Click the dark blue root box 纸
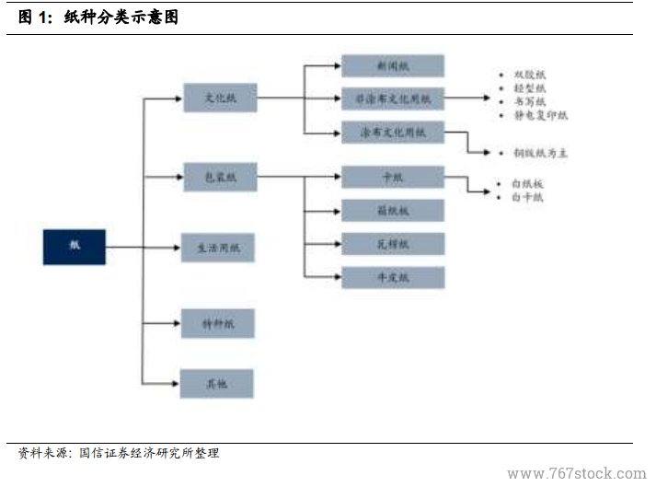click(x=75, y=246)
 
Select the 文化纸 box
click(x=220, y=98)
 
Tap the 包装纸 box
click(x=220, y=177)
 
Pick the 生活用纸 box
click(x=218, y=248)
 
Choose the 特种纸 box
click(x=218, y=323)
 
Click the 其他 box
click(x=218, y=383)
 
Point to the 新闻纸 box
click(x=393, y=66)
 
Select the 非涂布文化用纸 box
click(x=393, y=98)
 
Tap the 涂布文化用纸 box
click(x=393, y=133)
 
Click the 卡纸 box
click(x=393, y=177)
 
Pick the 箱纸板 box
click(x=393, y=211)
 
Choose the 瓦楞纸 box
click(x=393, y=244)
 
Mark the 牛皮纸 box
click(x=393, y=277)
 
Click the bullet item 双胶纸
click(x=529, y=75)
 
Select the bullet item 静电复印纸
click(x=540, y=116)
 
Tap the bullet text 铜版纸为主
click(x=540, y=153)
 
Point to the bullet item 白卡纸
click(x=528, y=197)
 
